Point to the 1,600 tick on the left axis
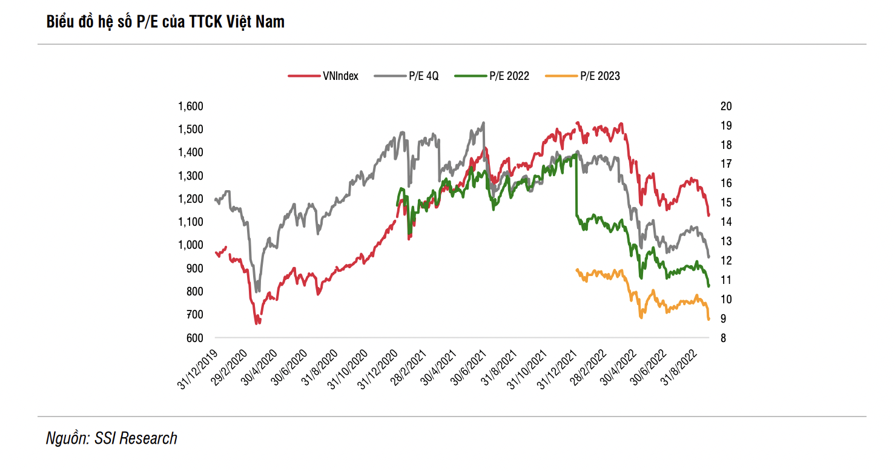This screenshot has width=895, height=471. [190, 107]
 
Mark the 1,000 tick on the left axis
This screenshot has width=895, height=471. [190, 245]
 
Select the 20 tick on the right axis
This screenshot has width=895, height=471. [726, 107]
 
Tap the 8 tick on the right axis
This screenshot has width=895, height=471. [723, 338]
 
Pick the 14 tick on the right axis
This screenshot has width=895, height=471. [726, 222]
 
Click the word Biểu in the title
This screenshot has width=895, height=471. [60, 22]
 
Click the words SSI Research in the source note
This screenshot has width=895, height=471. [136, 438]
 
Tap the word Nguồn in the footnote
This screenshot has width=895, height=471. [66, 438]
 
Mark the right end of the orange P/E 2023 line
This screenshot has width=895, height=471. [708, 319]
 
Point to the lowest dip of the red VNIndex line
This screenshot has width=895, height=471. [257, 323]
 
